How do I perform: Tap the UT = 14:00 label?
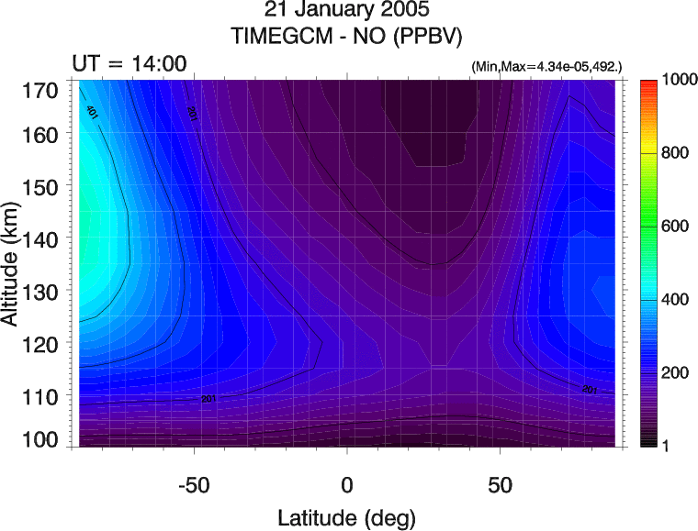click(129, 63)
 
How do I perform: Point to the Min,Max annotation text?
click(546, 67)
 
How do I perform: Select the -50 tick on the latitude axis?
click(195, 483)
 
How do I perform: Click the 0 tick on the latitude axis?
click(347, 483)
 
